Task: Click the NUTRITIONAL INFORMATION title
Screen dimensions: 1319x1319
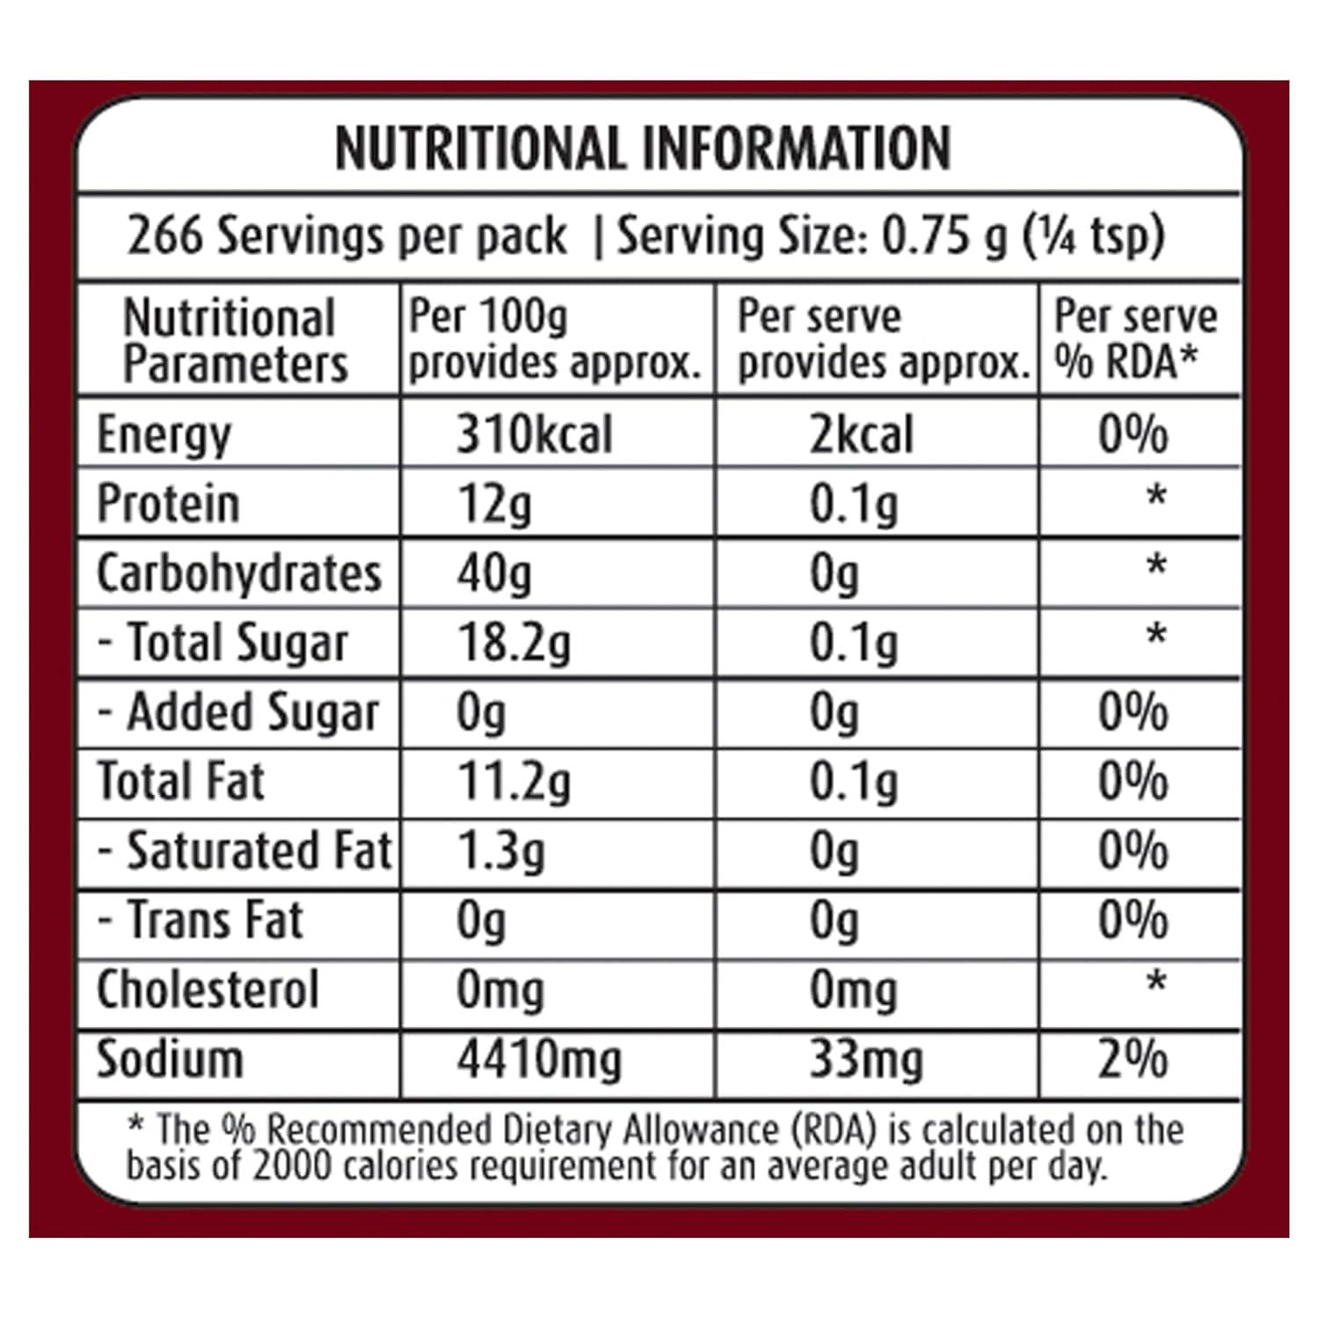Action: [x=643, y=148]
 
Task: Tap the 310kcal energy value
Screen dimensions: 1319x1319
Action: [x=534, y=434]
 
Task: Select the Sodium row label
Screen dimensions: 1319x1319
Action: [x=170, y=1059]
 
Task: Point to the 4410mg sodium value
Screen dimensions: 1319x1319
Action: [x=538, y=1059]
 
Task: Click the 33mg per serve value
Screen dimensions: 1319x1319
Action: [x=865, y=1059]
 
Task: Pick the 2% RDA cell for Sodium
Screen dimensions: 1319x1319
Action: [x=1133, y=1059]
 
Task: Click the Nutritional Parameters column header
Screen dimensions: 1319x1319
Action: [x=235, y=340]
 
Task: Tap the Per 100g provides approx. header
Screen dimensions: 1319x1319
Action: [x=554, y=340]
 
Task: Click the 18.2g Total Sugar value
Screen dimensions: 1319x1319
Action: [x=514, y=643]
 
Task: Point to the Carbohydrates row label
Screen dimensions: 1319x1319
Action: [x=239, y=573]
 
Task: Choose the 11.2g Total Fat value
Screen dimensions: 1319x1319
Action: [x=514, y=782]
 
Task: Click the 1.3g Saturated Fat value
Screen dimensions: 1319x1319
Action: [x=500, y=851]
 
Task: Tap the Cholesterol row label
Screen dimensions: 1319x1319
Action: [x=208, y=990]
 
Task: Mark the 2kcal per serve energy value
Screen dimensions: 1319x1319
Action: [x=861, y=434]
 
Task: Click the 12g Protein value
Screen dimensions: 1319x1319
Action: [x=494, y=504]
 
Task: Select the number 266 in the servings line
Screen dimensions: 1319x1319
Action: [x=165, y=236]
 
